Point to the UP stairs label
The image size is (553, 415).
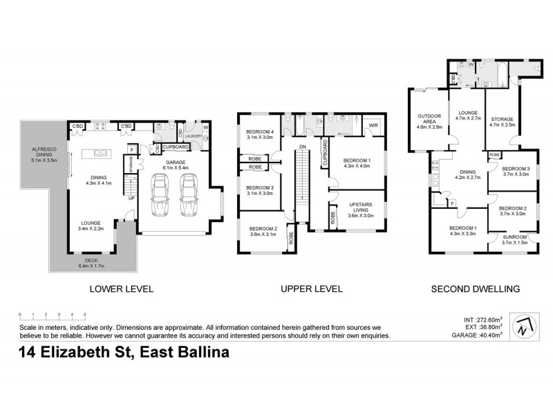(x=131, y=198)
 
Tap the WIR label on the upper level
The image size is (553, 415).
(x=373, y=125)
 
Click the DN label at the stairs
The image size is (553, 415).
(x=303, y=147)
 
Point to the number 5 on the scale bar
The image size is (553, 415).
(x=84, y=315)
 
